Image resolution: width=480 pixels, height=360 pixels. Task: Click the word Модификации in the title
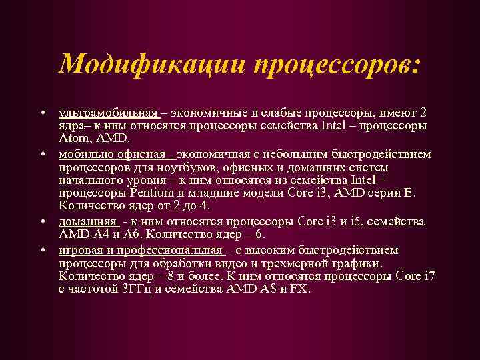(x=150, y=64)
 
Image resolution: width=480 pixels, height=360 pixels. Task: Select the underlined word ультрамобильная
(x=109, y=111)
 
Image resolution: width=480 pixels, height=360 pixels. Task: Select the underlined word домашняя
(x=86, y=221)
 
